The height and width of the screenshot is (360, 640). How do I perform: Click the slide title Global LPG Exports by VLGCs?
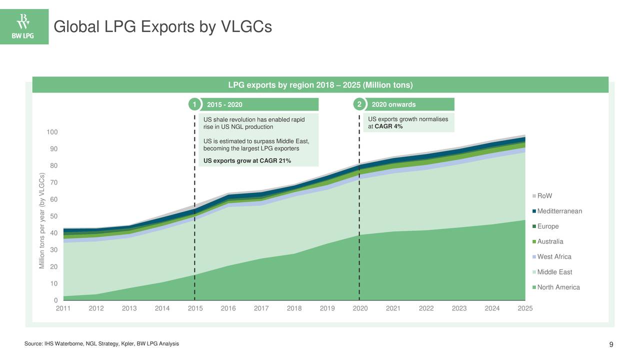[162, 26]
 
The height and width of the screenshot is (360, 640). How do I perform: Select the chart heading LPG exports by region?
[320, 85]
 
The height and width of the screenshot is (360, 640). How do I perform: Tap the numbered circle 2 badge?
[358, 104]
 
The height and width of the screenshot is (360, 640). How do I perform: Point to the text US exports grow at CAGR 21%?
[247, 160]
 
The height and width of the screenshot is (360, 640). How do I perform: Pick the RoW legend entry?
[544, 196]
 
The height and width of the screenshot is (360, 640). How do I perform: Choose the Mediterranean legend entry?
[559, 211]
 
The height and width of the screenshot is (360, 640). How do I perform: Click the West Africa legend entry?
[553, 257]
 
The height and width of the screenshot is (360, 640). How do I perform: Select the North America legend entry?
[558, 287]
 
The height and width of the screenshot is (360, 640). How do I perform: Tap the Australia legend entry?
[550, 242]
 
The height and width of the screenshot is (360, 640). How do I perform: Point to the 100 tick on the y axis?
[52, 132]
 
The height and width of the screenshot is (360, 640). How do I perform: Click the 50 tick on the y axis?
[53, 216]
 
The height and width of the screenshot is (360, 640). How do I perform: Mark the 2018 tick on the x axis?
[294, 308]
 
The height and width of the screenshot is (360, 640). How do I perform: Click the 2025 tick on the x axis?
[525, 308]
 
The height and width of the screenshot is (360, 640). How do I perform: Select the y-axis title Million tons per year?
[42, 220]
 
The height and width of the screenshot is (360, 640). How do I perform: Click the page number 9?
[611, 344]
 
